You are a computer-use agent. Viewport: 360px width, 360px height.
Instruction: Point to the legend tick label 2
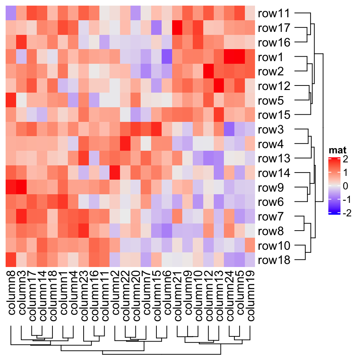tap(345, 159)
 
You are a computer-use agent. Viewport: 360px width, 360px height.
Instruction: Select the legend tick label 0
tap(345, 186)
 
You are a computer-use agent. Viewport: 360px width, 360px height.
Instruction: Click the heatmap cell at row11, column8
tap(11, 13)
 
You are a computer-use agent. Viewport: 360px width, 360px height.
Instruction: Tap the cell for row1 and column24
tap(229, 57)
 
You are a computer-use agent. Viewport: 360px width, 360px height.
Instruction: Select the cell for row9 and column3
tap(21, 187)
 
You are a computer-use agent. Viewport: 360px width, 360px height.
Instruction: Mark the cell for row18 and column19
tap(249, 260)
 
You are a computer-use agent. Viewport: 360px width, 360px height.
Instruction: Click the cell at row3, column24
tap(229, 129)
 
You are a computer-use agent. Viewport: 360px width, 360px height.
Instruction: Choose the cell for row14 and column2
tap(115, 173)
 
